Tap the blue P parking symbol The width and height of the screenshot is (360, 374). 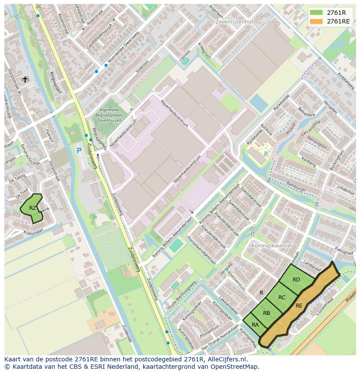click(x=79, y=151)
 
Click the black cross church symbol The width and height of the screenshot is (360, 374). click(x=25, y=79)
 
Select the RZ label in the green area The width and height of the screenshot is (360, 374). click(x=33, y=208)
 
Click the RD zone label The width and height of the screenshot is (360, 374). click(x=296, y=279)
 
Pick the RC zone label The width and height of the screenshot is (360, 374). click(x=282, y=298)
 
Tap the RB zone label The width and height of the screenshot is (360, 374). click(x=267, y=313)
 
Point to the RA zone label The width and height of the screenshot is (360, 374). click(x=255, y=324)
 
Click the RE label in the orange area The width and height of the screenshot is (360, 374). click(x=299, y=305)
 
